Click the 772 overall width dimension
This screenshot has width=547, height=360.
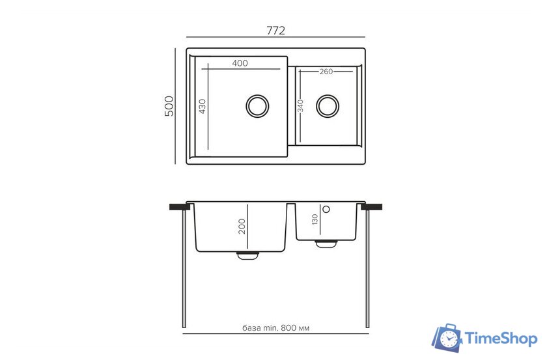(x=275, y=31)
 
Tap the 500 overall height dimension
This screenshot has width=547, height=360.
(x=169, y=105)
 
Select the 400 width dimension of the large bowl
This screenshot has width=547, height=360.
(x=240, y=63)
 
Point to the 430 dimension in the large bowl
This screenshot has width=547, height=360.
(x=203, y=106)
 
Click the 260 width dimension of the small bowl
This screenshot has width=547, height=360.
(x=326, y=72)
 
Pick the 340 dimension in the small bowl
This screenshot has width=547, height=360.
(x=300, y=105)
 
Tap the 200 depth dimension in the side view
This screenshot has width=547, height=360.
(x=242, y=227)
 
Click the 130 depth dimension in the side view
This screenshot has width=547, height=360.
(x=315, y=219)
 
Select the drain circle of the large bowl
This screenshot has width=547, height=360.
(x=257, y=106)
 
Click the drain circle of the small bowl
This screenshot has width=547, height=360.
(x=328, y=105)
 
